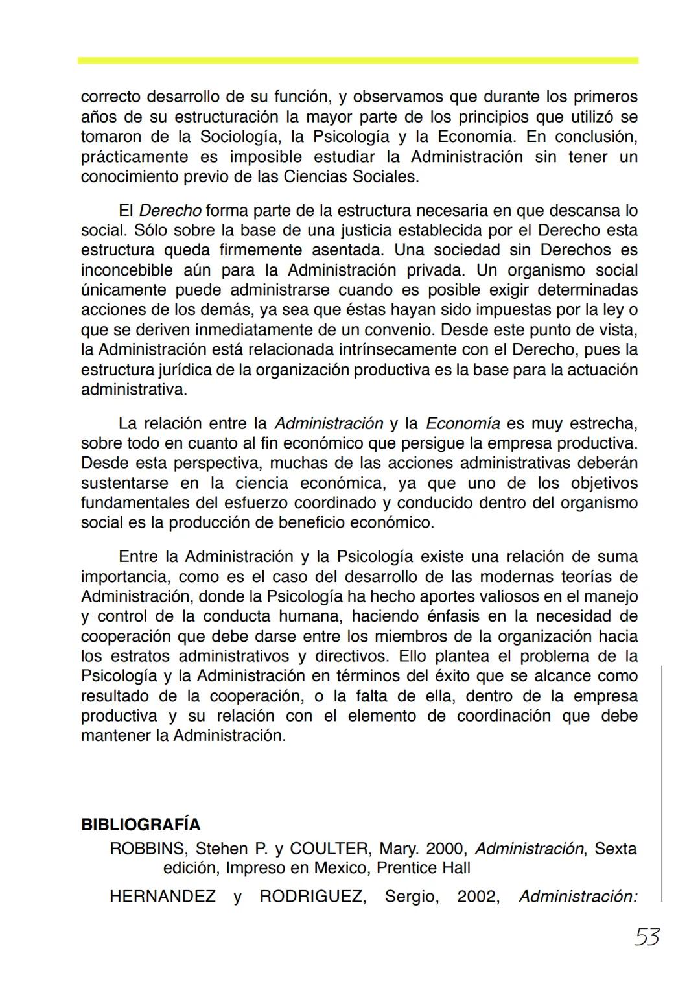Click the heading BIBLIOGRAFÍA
(x=141, y=825)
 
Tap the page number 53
(x=647, y=937)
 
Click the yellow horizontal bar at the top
(x=358, y=60)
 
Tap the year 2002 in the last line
(x=478, y=897)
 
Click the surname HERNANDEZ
(x=163, y=897)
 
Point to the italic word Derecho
(x=170, y=211)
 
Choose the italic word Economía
(x=463, y=424)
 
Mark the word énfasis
(x=456, y=616)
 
